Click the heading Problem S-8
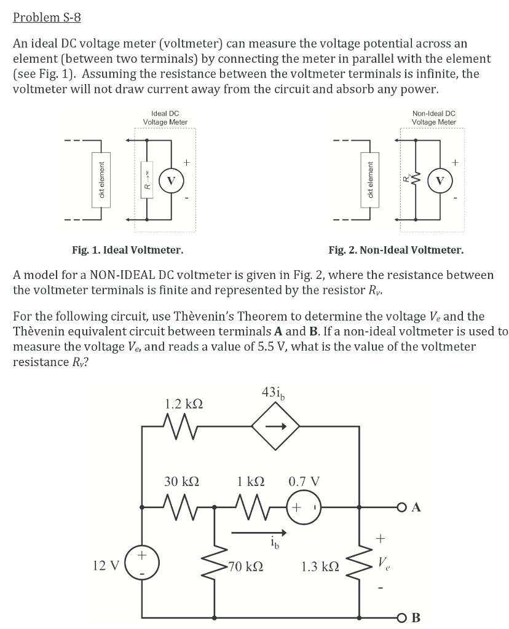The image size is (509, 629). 47,17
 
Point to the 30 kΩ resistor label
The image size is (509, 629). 182,482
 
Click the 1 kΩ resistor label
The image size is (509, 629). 253,482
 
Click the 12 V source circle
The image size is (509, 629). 142,564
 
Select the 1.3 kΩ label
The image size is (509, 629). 319,566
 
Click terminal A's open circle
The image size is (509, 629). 401,508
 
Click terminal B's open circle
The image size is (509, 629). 401,617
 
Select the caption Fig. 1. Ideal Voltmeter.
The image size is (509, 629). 127,250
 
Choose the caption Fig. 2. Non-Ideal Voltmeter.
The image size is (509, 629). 396,250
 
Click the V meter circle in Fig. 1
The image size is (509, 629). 172,181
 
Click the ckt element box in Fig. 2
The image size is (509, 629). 369,181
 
